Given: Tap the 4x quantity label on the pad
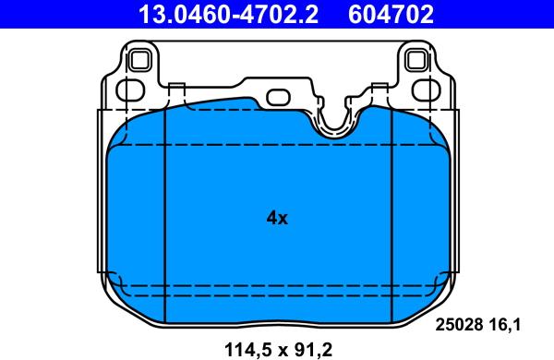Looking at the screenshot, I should [277, 219].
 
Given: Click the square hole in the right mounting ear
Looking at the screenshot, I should [416, 61].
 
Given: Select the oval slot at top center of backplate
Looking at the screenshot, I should [277, 97].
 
